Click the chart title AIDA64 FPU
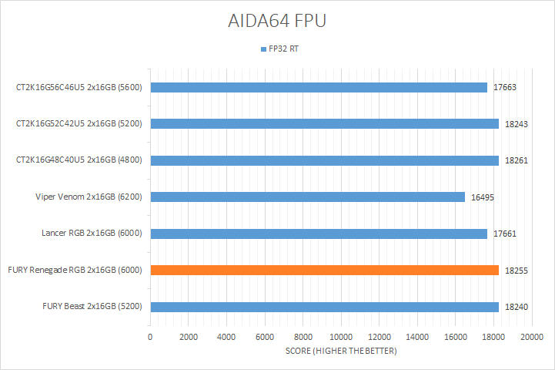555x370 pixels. (277, 21)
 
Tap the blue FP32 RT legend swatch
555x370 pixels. (262, 49)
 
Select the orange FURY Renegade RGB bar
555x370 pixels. (324, 270)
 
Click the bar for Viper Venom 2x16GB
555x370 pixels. (307, 197)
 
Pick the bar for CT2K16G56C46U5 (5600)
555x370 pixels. (319, 87)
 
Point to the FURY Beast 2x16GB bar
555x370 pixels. (324, 307)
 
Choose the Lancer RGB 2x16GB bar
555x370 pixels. (319, 234)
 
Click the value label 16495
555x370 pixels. (482, 197)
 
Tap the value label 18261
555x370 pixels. (517, 161)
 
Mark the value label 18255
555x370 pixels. (517, 271)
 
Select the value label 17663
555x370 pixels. (505, 88)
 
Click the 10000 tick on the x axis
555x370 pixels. (341, 337)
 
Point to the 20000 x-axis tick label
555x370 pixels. (531, 337)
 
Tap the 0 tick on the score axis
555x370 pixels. (151, 337)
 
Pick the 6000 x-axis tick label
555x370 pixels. (265, 337)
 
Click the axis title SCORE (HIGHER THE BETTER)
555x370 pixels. (341, 351)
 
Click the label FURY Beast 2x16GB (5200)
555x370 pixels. (92, 307)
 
